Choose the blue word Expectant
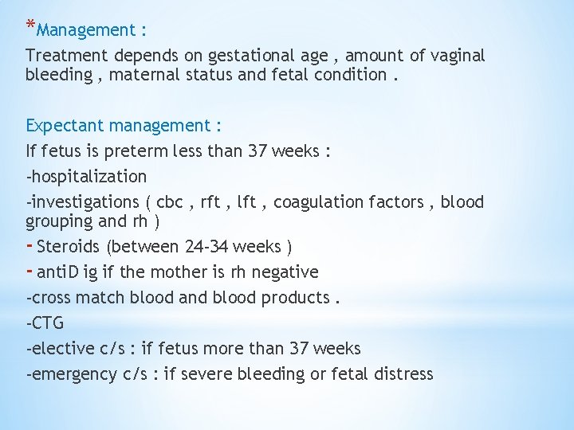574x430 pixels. pyautogui.click(x=65, y=126)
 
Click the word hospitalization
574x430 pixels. pyautogui.click(x=88, y=176)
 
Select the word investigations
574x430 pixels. pyautogui.click(x=85, y=202)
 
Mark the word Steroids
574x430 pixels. pyautogui.click(x=69, y=246)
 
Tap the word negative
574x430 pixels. pyautogui.click(x=285, y=272)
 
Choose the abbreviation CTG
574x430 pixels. pyautogui.click(x=47, y=323)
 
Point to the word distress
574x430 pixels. pyautogui.click(x=404, y=374)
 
